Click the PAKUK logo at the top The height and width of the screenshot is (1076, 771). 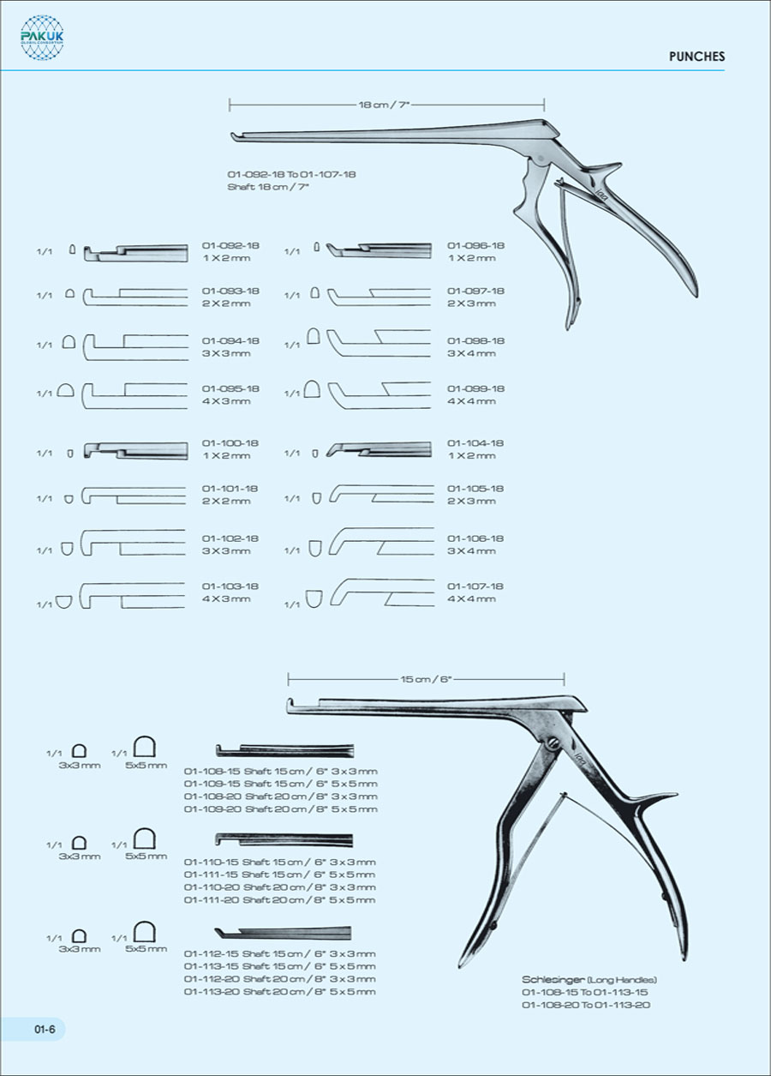tap(42, 38)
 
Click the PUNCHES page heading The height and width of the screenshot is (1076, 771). tap(696, 57)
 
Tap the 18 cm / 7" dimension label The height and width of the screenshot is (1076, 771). tap(385, 105)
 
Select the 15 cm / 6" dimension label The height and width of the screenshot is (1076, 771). tap(426, 679)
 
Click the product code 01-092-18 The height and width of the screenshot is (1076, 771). tap(230, 246)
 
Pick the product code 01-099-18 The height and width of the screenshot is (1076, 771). tap(475, 389)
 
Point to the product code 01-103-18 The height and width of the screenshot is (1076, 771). tap(230, 586)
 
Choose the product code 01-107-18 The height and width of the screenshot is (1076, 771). tap(475, 586)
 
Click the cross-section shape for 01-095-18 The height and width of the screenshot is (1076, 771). tap(65, 392)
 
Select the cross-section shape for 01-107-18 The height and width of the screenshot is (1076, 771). tap(314, 597)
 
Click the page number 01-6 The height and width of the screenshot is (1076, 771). tap(45, 1030)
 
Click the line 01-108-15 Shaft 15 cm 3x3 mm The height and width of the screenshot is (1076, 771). tap(281, 772)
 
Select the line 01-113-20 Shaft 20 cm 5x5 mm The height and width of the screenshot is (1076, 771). tap(279, 992)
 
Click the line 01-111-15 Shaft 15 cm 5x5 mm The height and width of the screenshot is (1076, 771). tap(279, 875)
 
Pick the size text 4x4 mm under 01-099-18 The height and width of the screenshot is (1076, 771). tap(471, 401)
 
